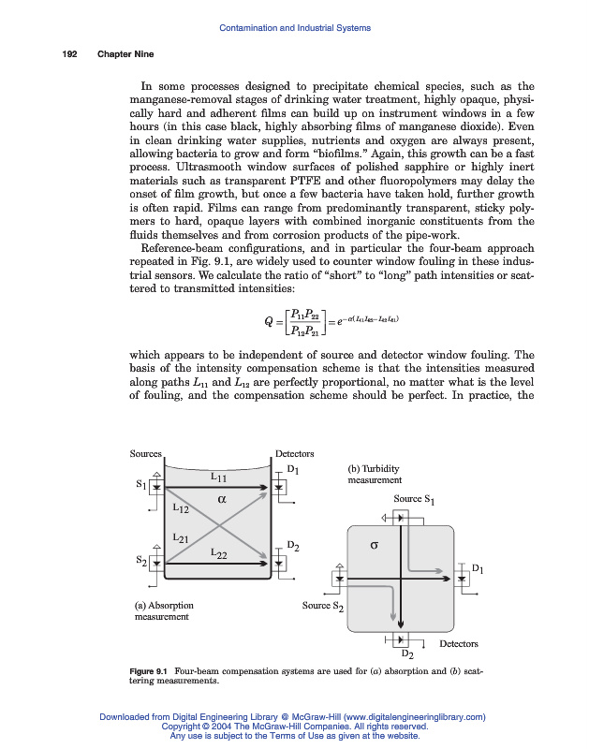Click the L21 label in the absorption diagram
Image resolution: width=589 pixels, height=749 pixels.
[x=182, y=538]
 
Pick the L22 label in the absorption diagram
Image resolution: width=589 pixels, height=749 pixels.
[x=218, y=554]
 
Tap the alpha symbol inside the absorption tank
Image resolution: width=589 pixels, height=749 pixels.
[x=223, y=499]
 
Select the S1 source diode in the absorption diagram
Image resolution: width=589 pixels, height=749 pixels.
[x=157, y=488]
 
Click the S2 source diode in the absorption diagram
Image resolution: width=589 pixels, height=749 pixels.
[x=157, y=564]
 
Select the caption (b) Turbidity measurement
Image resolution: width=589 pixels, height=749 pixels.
[x=375, y=473]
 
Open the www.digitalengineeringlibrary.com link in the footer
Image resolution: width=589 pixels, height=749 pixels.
[x=408, y=716]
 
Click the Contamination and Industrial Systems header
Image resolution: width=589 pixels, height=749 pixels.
[x=294, y=28]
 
